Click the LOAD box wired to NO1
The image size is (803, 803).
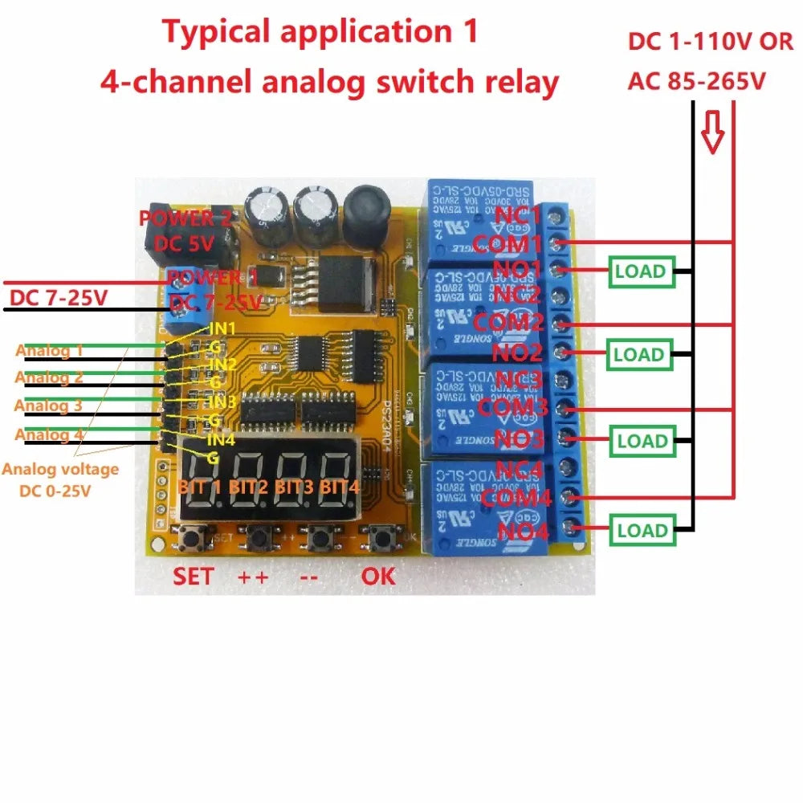click(640, 271)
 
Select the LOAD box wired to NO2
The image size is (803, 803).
click(639, 354)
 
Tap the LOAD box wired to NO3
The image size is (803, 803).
click(641, 441)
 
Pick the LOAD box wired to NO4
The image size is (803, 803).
click(641, 531)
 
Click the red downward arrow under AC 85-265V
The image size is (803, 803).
click(711, 131)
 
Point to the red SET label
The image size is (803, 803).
click(194, 577)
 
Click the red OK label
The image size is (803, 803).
click(377, 577)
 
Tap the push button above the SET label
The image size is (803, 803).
click(191, 537)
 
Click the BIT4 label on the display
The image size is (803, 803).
click(340, 487)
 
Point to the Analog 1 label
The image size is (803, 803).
click(49, 350)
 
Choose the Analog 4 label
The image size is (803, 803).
click(49, 434)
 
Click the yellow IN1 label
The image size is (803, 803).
click(222, 328)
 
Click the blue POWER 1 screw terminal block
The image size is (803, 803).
click(184, 305)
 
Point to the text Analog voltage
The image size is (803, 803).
click(61, 470)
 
